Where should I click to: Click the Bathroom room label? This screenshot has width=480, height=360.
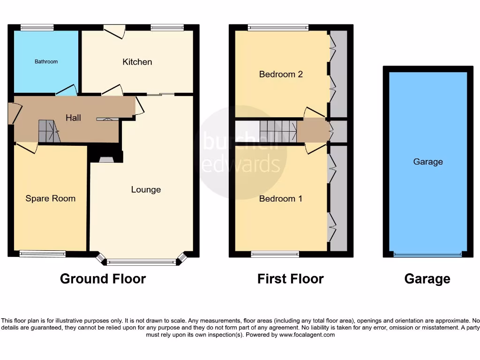[x=46, y=61]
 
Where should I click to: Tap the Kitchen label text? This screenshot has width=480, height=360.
[x=137, y=62]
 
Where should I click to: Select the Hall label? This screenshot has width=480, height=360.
[x=73, y=118]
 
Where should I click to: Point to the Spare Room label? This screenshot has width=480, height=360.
[x=50, y=198]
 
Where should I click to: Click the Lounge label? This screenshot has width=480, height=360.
[x=146, y=189]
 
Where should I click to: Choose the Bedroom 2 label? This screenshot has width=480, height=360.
[x=281, y=74]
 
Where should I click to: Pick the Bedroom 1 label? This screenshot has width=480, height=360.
[x=281, y=199]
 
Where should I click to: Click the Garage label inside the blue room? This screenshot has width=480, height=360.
[x=427, y=162]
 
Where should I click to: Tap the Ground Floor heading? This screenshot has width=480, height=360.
[x=103, y=279]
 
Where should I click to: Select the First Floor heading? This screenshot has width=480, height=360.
[x=290, y=279]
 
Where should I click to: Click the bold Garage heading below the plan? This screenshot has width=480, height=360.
[x=427, y=279]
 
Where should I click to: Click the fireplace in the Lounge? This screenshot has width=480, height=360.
[x=106, y=159]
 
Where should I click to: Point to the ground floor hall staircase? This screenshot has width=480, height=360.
[x=49, y=131]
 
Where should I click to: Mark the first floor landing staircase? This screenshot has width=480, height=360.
[x=278, y=131]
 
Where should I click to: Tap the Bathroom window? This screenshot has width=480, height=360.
[x=37, y=27]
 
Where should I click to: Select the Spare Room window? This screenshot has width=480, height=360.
[x=42, y=254]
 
